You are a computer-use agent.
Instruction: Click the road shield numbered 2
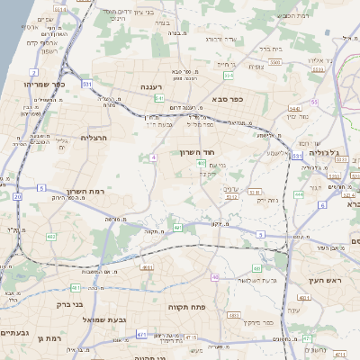tap(34, 71)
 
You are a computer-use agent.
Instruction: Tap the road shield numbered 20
tap(17, 195)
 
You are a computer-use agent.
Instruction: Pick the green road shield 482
tap(50, 237)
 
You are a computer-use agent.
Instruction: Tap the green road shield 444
tap(299, 193)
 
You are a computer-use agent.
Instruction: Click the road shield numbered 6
tap(321, 204)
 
